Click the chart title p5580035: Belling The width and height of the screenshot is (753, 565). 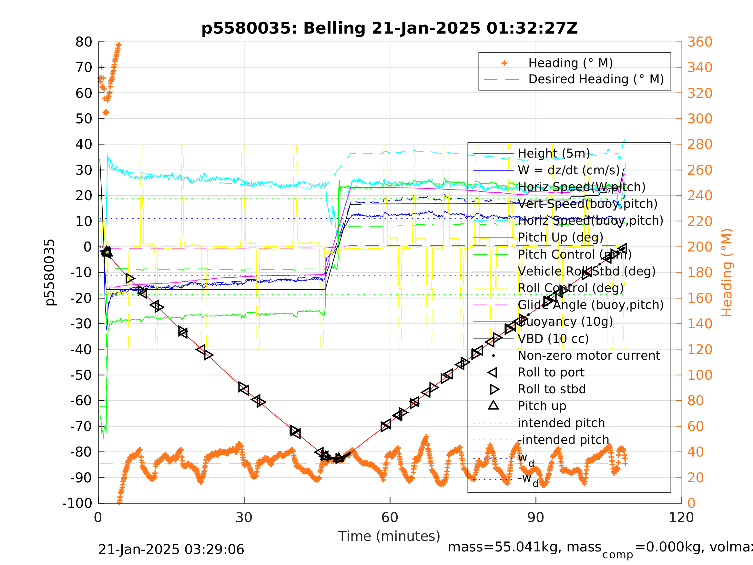pos(390,28)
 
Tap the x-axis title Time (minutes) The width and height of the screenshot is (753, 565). pos(389,536)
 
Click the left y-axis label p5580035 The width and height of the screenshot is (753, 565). pos(50,272)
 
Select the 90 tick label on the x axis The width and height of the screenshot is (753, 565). pos(535,518)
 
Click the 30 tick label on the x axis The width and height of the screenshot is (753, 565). pos(244,518)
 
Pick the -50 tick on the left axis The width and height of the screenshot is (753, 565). pos(81,375)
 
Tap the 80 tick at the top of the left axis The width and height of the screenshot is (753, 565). pos(84,42)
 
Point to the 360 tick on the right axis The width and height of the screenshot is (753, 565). pos(700,42)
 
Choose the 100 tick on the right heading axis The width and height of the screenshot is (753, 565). pos(700,375)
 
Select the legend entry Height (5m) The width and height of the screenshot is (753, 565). pos(554,154)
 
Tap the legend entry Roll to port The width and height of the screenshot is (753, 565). pos(551,372)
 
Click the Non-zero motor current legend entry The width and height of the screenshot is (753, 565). pos(589,355)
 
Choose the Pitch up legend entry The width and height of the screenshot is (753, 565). pos(542,406)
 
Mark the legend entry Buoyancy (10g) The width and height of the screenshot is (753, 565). pos(565,322)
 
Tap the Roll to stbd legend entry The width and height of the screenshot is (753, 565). pos(552,389)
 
